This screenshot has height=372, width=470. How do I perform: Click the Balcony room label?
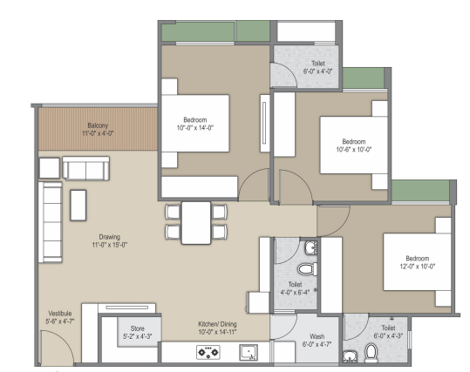click(98, 125)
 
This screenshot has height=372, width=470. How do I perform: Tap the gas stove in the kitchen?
click(208, 352)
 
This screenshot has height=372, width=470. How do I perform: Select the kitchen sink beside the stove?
click(249, 353)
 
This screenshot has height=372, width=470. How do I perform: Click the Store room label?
click(137, 328)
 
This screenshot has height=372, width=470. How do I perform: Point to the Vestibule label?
click(60, 314)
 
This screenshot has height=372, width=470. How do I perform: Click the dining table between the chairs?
click(196, 223)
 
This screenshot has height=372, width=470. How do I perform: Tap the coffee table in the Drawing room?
click(78, 206)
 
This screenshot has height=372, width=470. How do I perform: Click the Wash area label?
click(317, 336)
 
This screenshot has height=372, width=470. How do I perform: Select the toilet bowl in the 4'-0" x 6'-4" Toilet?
click(308, 268)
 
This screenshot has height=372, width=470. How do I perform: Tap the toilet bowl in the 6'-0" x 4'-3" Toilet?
click(371, 353)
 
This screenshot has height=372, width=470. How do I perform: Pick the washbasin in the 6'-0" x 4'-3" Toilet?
click(350, 356)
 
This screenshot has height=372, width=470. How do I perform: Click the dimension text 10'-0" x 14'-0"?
click(194, 128)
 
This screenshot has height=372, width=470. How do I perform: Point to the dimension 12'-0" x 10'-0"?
click(417, 267)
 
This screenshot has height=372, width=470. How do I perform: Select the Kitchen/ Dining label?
click(217, 324)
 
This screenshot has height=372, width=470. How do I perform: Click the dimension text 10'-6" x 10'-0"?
click(354, 150)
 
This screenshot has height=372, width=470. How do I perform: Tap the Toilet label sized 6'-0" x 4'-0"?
click(318, 64)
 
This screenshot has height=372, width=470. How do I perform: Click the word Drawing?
click(109, 237)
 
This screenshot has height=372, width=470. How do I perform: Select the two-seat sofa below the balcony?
click(86, 168)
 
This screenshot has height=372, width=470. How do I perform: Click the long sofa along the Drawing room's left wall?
click(51, 222)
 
